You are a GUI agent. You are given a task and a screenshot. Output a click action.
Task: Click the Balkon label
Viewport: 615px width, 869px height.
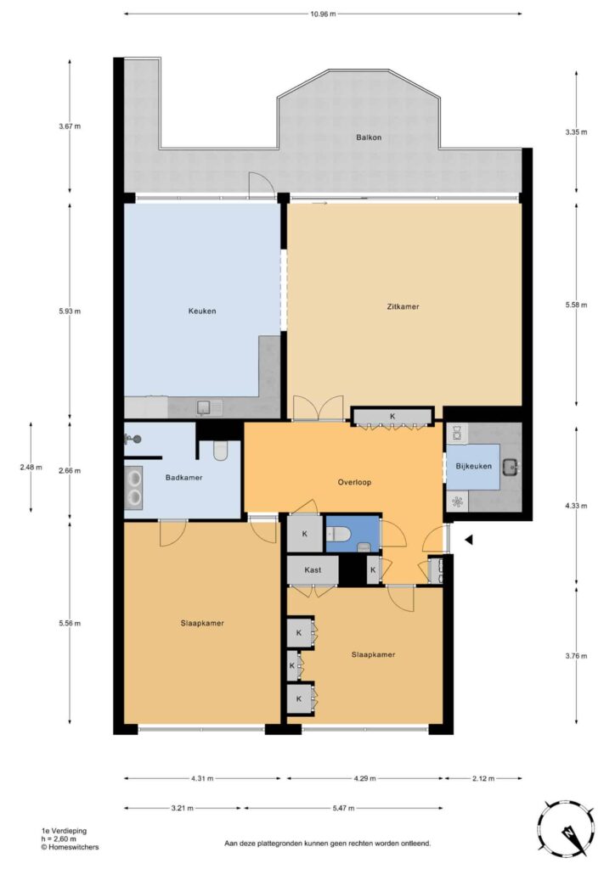(369, 137)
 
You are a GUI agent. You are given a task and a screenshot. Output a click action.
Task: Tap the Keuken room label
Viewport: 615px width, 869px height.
(202, 311)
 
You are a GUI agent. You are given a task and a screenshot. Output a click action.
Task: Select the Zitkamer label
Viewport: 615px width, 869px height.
(403, 306)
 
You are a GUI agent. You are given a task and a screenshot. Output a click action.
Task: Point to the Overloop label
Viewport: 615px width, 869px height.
(354, 482)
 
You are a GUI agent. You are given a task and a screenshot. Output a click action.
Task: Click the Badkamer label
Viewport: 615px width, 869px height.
(184, 477)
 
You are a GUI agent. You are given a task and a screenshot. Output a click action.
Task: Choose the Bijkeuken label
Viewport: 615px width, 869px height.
(474, 466)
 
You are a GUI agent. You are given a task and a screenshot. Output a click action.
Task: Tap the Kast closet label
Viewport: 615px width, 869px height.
(313, 569)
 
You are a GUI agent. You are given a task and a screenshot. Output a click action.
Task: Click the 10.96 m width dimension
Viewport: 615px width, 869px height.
(324, 14)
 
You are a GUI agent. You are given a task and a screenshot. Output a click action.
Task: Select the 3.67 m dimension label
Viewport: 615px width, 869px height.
(70, 126)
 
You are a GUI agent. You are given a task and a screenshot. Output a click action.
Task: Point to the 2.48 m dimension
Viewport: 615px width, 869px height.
(31, 468)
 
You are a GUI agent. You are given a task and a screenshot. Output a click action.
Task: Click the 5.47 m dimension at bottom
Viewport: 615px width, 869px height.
(343, 808)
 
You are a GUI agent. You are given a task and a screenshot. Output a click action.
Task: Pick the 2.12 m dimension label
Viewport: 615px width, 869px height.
(483, 778)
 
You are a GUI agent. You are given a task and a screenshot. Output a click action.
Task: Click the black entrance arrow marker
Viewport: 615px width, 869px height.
(469, 539)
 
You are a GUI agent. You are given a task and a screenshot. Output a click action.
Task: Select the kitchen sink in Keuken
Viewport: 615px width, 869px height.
(210, 408)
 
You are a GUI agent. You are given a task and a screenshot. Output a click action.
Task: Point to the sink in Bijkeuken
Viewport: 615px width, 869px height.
(511, 468)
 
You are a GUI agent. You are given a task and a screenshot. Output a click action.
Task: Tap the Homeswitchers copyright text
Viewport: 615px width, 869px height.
(70, 847)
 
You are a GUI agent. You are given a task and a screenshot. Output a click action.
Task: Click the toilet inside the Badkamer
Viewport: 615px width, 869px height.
(220, 451)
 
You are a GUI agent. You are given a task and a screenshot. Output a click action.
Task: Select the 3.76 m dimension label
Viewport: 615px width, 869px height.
(576, 656)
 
